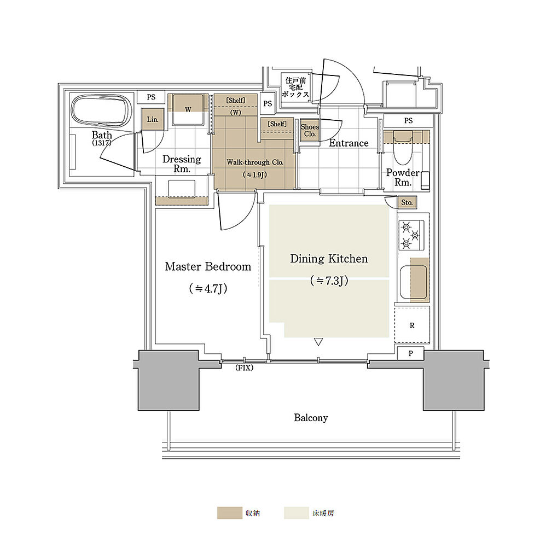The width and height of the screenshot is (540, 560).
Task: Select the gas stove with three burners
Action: [x=411, y=235]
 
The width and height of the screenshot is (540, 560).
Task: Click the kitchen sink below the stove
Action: [x=414, y=282]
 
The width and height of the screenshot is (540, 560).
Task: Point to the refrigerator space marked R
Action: [x=412, y=325]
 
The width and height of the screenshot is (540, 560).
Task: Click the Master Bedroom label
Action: [x=208, y=266]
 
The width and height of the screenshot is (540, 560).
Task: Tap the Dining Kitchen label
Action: [x=329, y=259]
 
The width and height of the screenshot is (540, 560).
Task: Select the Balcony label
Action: [x=311, y=417]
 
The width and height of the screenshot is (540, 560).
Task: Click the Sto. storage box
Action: [x=407, y=202]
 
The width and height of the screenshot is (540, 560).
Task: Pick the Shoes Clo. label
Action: [x=310, y=130]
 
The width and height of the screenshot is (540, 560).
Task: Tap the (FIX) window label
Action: [x=245, y=367]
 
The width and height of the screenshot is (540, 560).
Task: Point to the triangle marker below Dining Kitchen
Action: [x=318, y=342]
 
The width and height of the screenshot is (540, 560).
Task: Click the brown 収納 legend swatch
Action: [x=229, y=513]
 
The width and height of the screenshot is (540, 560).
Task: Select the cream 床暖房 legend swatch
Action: [x=297, y=513]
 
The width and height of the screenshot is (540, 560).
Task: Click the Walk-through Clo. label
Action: [x=255, y=162]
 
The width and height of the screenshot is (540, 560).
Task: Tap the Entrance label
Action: [x=349, y=143]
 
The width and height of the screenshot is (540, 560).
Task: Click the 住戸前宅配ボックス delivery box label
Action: [x=295, y=87]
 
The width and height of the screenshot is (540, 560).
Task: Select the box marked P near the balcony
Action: [x=411, y=353]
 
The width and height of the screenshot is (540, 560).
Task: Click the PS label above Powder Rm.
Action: [x=409, y=121]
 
